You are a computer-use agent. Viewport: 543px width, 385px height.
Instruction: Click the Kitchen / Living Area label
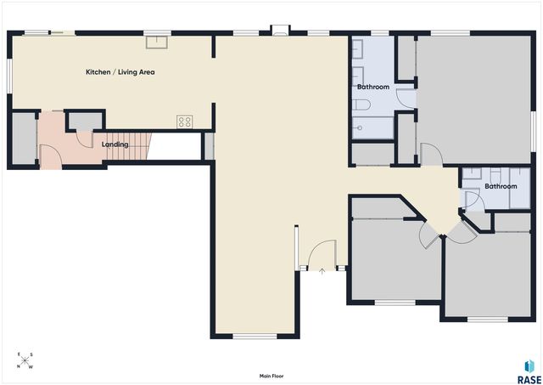tap(120, 72)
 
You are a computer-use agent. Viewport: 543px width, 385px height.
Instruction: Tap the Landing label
tap(115, 144)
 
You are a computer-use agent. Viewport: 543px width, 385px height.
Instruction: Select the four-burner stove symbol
tap(185, 122)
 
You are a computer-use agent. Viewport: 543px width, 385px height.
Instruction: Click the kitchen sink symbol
tap(156, 42)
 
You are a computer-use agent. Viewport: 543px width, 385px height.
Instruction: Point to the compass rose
tap(25, 360)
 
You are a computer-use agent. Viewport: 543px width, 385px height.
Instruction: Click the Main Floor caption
tap(271, 376)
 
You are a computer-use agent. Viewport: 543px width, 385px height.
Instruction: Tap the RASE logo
tap(529, 371)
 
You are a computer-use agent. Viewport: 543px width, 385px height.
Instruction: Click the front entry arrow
tap(322, 271)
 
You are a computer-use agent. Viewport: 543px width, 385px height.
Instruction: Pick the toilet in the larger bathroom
tap(362, 105)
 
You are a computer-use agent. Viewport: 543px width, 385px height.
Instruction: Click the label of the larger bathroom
tap(373, 87)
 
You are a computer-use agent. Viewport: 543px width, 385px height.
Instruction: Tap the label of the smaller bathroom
tap(501, 186)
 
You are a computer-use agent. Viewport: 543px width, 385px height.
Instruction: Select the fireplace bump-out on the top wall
tap(280, 31)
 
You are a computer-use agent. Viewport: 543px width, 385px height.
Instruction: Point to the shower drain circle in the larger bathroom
tap(360, 128)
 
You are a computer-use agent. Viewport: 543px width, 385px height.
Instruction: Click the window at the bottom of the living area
tap(255, 336)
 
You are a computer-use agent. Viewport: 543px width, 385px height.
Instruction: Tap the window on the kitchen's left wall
tap(9, 76)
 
